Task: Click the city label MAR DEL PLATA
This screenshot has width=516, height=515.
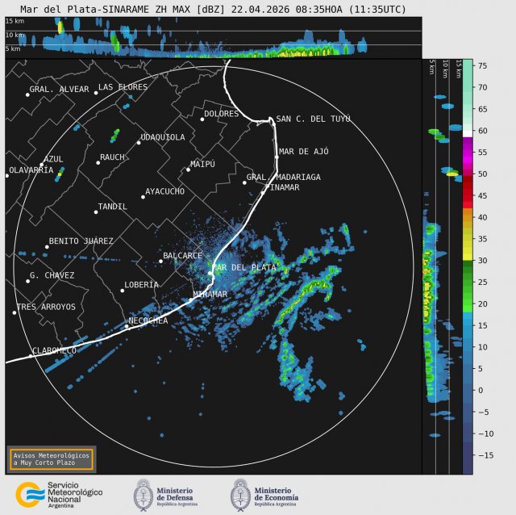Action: point(243,267)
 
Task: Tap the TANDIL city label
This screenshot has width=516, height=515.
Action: point(112,207)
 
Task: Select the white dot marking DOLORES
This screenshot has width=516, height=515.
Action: point(202,119)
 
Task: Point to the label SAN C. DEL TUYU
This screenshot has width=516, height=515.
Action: point(313,119)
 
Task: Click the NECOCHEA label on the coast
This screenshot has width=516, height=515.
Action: point(148,320)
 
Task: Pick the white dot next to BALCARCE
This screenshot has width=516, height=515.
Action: point(160,261)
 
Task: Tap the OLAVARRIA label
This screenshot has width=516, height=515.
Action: point(31,170)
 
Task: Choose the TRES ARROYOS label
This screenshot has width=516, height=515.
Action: point(46,307)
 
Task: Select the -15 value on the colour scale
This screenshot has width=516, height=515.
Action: point(484,455)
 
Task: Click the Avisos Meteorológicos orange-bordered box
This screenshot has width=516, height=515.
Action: point(51,458)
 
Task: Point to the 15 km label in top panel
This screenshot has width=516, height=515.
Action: point(14,21)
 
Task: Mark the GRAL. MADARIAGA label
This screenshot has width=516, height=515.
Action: point(284,177)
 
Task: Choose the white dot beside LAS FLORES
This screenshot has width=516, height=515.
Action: point(95,93)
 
